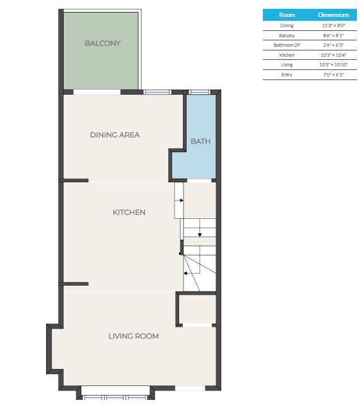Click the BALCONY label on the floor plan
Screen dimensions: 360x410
point(103,43)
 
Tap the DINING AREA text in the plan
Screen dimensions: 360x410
point(115,135)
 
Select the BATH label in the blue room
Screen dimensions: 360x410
point(200,141)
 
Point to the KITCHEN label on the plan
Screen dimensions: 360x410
point(129,213)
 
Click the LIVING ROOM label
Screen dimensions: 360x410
point(134,336)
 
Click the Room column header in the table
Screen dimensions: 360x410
point(287,15)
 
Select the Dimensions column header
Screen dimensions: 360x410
point(334,15)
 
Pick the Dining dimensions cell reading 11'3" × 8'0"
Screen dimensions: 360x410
point(334,26)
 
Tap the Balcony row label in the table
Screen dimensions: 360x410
point(287,35)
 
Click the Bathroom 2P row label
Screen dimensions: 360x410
point(287,45)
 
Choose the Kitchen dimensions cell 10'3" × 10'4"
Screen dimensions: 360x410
point(334,55)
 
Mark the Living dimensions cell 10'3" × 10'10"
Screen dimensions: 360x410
point(334,64)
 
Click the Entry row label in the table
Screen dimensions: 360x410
point(287,75)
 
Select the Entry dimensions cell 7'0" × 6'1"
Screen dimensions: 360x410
point(334,75)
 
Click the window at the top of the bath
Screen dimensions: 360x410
point(199,92)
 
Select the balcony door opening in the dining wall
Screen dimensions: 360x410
point(96,92)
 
